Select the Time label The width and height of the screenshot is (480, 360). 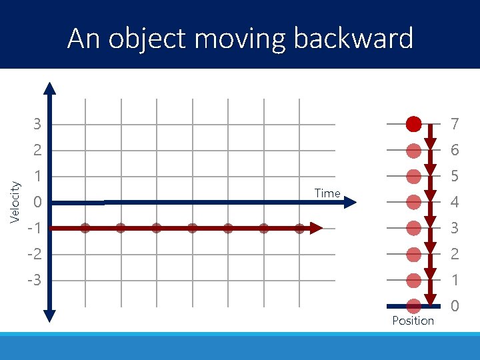pyautogui.click(x=327, y=193)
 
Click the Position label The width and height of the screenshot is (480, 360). pyautogui.click(x=413, y=321)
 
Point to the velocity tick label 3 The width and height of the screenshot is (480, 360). pyautogui.click(x=37, y=124)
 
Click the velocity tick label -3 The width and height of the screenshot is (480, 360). pyautogui.click(x=33, y=280)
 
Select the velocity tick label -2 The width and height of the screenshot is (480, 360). pyautogui.click(x=33, y=254)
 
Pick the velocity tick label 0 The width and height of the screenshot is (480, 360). pyautogui.click(x=37, y=202)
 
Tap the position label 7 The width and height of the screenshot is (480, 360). pyautogui.click(x=455, y=124)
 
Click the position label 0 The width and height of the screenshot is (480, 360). pyautogui.click(x=455, y=306)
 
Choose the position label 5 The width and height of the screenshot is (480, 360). pyautogui.click(x=455, y=176)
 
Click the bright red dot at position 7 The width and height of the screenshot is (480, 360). pyautogui.click(x=413, y=123)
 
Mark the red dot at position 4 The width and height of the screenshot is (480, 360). pyautogui.click(x=413, y=202)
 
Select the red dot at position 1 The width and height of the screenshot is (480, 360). pyautogui.click(x=413, y=280)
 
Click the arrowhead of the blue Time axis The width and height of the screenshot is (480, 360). pyautogui.click(x=351, y=202)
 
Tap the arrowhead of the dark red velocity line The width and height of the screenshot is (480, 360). pyautogui.click(x=317, y=228)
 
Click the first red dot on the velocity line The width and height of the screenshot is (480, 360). pyautogui.click(x=85, y=228)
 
